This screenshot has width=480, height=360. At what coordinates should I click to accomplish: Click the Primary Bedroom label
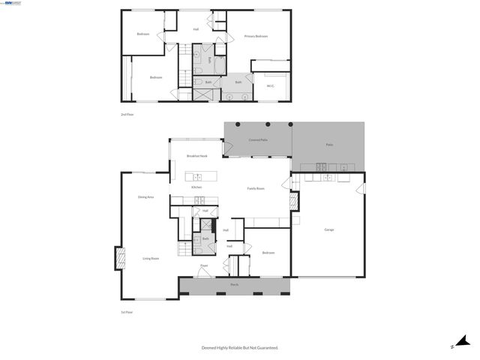256,36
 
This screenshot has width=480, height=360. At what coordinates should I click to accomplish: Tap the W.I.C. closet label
270,85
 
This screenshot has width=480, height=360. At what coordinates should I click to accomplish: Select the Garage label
328,229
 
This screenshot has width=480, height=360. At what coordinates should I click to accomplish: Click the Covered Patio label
258,140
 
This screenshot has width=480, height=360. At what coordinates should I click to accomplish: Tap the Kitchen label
196,187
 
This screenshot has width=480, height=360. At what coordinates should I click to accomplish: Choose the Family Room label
256,188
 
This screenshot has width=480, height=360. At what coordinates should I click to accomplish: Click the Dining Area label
145,196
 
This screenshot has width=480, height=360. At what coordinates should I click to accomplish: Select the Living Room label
151,259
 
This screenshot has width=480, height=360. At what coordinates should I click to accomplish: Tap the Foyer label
203,265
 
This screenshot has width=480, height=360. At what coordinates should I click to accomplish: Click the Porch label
234,286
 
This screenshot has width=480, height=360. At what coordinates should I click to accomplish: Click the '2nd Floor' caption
127,115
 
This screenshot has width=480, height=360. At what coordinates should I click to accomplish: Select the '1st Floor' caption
127,312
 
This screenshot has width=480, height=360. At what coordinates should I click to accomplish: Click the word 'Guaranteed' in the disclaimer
265,348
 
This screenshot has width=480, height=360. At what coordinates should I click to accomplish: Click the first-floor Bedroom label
268,253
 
